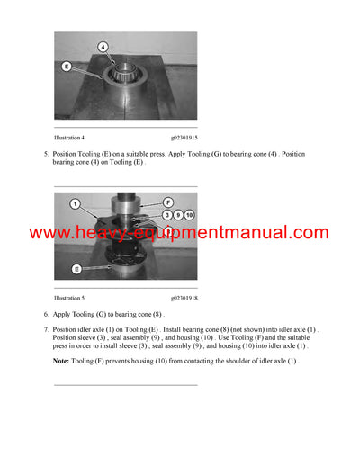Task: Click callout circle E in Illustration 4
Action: coord(67,66)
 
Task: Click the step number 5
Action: coord(47,155)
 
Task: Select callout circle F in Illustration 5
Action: coord(167,203)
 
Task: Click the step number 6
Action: coord(47,315)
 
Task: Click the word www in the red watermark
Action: coord(50,233)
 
